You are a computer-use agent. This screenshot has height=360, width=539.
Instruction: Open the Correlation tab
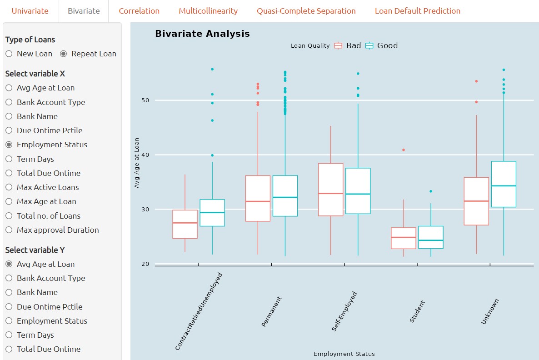(139, 11)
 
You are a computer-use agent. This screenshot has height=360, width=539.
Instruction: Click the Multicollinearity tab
(208, 11)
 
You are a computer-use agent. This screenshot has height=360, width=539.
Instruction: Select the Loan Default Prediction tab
(417, 11)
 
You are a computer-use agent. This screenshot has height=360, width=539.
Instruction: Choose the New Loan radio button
(9, 54)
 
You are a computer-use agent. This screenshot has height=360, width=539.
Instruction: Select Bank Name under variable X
(9, 116)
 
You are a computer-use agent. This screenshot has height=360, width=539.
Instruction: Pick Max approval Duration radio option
(9, 230)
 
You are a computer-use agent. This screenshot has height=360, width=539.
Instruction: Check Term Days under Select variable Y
(9, 335)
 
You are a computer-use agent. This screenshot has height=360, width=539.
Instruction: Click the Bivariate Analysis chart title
(202, 34)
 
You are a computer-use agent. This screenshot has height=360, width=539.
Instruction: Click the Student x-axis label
(417, 311)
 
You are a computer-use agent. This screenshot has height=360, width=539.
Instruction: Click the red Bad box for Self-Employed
(330, 190)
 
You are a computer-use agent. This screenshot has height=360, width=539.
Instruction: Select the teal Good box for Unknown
(504, 184)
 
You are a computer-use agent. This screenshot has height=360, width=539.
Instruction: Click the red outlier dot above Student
(403, 150)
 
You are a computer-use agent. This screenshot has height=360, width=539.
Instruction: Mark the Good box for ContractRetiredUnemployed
(212, 213)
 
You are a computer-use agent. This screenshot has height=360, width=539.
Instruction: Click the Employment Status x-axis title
(344, 354)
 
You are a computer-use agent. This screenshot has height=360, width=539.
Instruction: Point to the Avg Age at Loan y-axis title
(137, 163)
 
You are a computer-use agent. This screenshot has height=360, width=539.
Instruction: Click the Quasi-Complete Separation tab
(306, 11)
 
